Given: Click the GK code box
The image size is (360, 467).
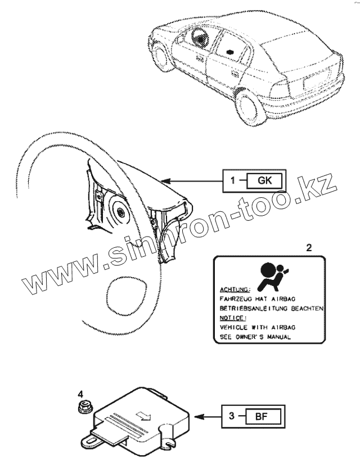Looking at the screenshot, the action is pos(264,181).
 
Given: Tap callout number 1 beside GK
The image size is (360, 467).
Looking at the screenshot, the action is pos(232,181).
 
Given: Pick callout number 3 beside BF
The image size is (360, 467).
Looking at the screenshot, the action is pos(231,416).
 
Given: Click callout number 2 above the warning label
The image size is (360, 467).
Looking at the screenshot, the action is pos(308,247).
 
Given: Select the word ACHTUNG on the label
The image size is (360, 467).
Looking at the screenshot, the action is pos(232,289).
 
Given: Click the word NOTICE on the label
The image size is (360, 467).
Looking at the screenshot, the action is pos(230,318).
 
